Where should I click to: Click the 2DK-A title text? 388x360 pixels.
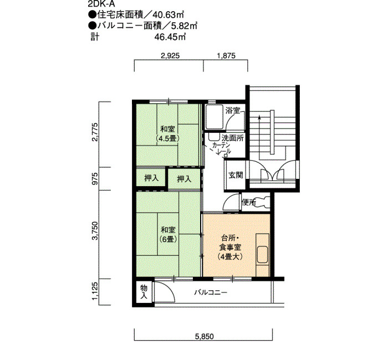[x=101, y=4]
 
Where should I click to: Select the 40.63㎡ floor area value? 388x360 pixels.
[x=168, y=15]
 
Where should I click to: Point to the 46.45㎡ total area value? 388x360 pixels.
[x=170, y=37]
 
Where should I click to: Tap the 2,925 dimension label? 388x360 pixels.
[x=170, y=55]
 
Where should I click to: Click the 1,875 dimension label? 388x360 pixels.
[x=226, y=55]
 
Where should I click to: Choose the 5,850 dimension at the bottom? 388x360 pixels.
[x=204, y=336]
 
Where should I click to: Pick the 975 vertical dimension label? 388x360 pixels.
[x=95, y=179]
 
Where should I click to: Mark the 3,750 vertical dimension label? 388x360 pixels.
[x=95, y=231]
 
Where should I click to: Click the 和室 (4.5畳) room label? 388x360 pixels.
[x=168, y=133]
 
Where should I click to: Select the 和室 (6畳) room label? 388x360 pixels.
[x=168, y=234]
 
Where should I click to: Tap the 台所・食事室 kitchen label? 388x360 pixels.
[x=230, y=247]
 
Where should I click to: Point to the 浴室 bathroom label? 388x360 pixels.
[x=233, y=111]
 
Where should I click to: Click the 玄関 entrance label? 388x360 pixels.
[x=236, y=175]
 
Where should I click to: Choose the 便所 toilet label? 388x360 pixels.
[x=249, y=202]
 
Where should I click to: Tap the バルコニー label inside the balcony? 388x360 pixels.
[x=210, y=293]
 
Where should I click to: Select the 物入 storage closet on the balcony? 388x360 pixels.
[x=144, y=291]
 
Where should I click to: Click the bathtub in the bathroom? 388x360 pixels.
[x=215, y=117]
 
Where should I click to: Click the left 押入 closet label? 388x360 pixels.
[x=151, y=178]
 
